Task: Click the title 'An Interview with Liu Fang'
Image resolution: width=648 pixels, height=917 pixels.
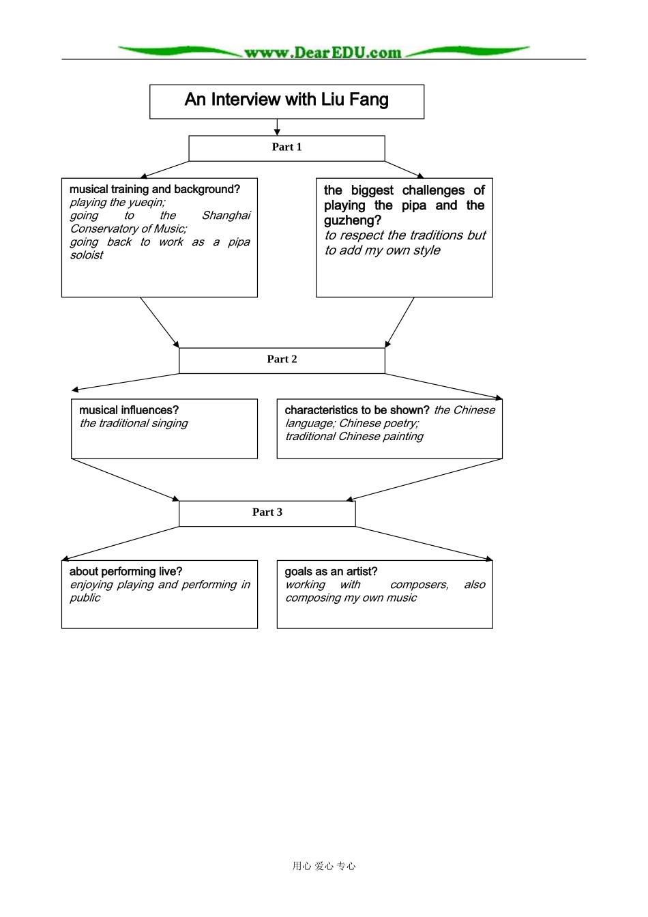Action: pos(286,100)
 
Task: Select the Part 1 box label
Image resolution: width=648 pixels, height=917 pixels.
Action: pos(286,147)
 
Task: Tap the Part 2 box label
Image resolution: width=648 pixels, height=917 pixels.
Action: pos(282,359)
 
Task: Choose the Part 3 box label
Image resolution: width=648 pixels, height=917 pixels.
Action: pos(267,512)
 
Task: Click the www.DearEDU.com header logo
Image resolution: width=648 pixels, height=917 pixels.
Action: pos(323,52)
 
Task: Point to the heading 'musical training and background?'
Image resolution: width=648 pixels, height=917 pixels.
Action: pos(155,189)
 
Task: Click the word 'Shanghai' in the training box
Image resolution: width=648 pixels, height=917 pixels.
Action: pos(226,216)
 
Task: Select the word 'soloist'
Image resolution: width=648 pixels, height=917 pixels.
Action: pos(87,255)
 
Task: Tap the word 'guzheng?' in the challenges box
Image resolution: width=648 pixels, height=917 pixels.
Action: pos(352,220)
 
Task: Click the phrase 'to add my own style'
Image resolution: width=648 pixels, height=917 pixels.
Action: pos(383,250)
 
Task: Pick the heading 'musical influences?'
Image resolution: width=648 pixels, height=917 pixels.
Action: pos(129,410)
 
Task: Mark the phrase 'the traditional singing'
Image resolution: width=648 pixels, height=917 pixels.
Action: pos(134,423)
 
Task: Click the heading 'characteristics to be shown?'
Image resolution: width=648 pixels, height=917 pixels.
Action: pos(357,410)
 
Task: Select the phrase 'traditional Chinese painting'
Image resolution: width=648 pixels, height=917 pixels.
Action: pos(354,436)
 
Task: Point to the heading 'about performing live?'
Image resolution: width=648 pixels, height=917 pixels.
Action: pos(126,571)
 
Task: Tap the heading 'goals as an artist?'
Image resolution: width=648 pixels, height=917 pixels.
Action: pos(331,571)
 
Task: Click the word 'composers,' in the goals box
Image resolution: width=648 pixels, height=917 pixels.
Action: pos(419,585)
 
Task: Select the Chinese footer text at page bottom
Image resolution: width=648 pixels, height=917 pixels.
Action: pos(324,866)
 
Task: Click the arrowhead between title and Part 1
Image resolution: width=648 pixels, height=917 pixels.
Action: pos(277,131)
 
